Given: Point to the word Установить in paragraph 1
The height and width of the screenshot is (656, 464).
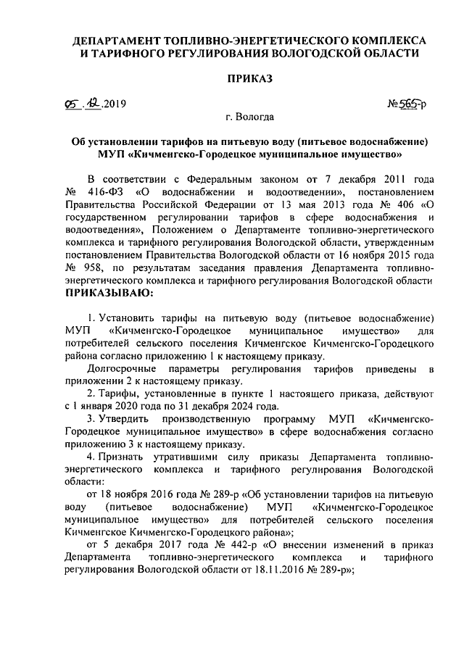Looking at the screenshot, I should pyautogui.click(x=124, y=318).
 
